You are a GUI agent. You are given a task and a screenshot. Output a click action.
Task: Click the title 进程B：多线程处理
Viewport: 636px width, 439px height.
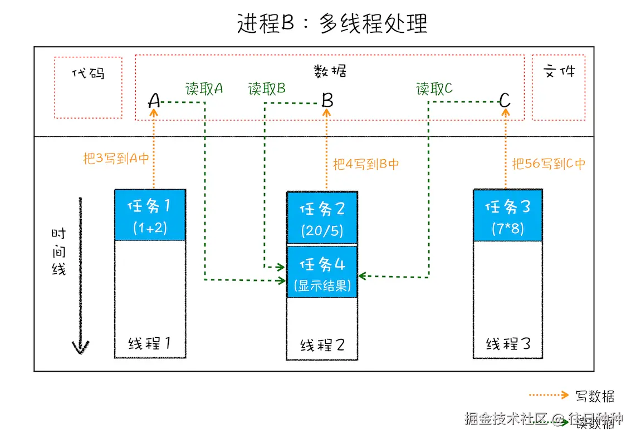pos(332,24)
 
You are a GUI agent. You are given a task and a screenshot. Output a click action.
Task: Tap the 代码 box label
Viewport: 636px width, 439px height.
pos(89,73)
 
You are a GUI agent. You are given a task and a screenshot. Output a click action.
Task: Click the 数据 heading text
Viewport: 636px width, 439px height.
pos(330,71)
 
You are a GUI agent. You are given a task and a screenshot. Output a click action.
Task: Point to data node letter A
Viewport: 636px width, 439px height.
pos(154,101)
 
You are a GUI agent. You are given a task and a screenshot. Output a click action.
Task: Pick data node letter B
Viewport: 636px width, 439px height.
pos(327,101)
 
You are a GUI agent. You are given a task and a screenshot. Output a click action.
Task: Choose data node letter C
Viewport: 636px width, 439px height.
pos(505,101)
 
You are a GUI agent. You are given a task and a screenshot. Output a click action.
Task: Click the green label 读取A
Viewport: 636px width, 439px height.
pos(204,89)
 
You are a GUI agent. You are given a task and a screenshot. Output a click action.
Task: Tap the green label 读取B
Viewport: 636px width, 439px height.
pos(267,89)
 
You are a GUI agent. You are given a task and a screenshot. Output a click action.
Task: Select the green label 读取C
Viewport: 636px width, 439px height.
pos(434,89)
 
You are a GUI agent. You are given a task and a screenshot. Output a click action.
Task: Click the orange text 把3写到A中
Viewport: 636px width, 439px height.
pos(116,159)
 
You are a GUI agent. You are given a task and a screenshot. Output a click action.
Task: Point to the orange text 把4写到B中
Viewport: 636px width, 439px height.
pos(366,164)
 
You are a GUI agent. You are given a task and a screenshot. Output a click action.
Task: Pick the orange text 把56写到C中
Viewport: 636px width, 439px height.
pos(549,164)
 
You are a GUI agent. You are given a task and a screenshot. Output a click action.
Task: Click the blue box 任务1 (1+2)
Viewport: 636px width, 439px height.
pos(150,215)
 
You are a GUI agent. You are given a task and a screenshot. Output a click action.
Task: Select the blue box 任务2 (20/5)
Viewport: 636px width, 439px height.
pos(322,218)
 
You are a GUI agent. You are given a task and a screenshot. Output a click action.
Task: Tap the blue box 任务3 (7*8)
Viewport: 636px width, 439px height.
pos(507,216)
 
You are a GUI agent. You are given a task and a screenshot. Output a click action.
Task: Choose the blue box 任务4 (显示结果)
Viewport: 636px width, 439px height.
pos(322,273)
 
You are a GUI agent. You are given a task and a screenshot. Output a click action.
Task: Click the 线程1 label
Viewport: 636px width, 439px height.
pos(149,343)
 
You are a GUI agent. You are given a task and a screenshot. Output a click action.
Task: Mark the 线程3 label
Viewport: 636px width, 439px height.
pos(507,343)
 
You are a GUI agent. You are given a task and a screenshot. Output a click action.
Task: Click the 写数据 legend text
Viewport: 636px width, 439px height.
pos(595,397)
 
